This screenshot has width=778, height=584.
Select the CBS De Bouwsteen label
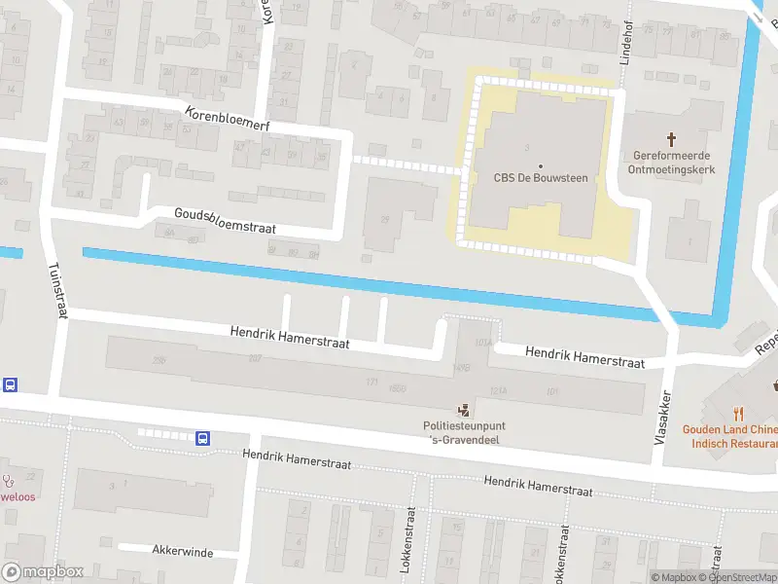click(541, 177)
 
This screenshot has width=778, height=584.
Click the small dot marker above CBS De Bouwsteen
click(541, 165)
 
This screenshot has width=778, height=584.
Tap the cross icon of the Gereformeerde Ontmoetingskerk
click(671, 140)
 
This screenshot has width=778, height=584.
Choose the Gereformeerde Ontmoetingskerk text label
click(671, 162)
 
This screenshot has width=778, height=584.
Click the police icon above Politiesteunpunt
click(464, 411)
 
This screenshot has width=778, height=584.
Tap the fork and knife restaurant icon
click(739, 412)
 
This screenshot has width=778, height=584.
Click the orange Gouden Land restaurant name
click(729, 436)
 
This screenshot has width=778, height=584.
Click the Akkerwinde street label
click(182, 551)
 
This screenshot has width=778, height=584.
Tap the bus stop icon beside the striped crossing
click(203, 438)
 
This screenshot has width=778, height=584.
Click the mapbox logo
click(43, 571)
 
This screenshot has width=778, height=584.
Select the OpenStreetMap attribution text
click(741, 577)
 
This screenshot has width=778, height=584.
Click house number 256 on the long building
click(159, 360)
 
